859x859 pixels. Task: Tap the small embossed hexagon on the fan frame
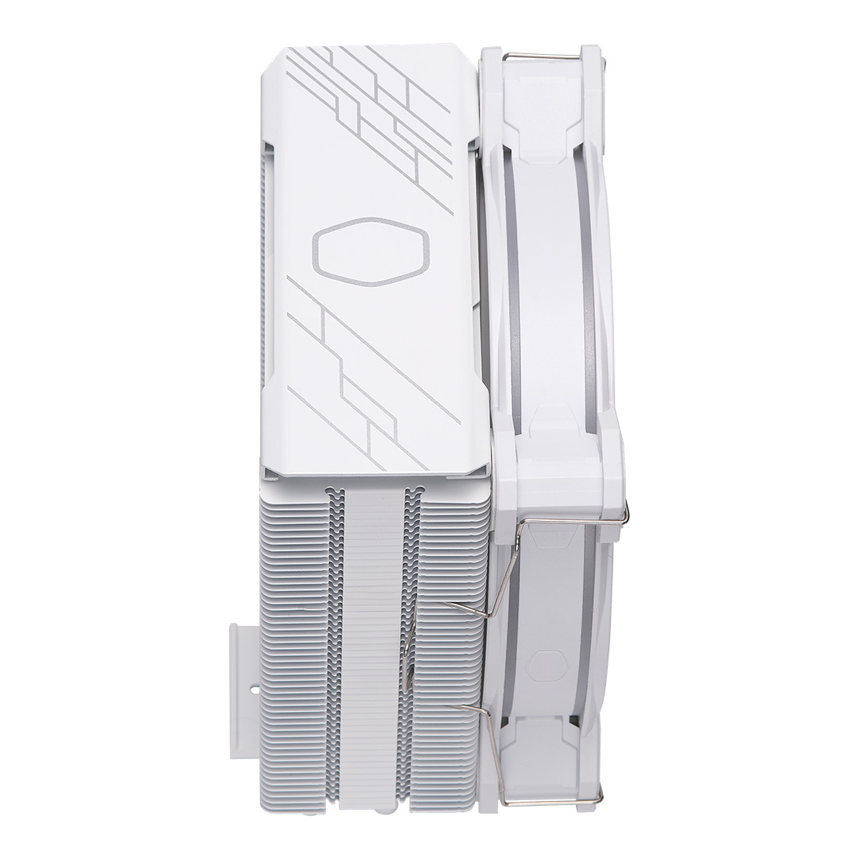(547, 667)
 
